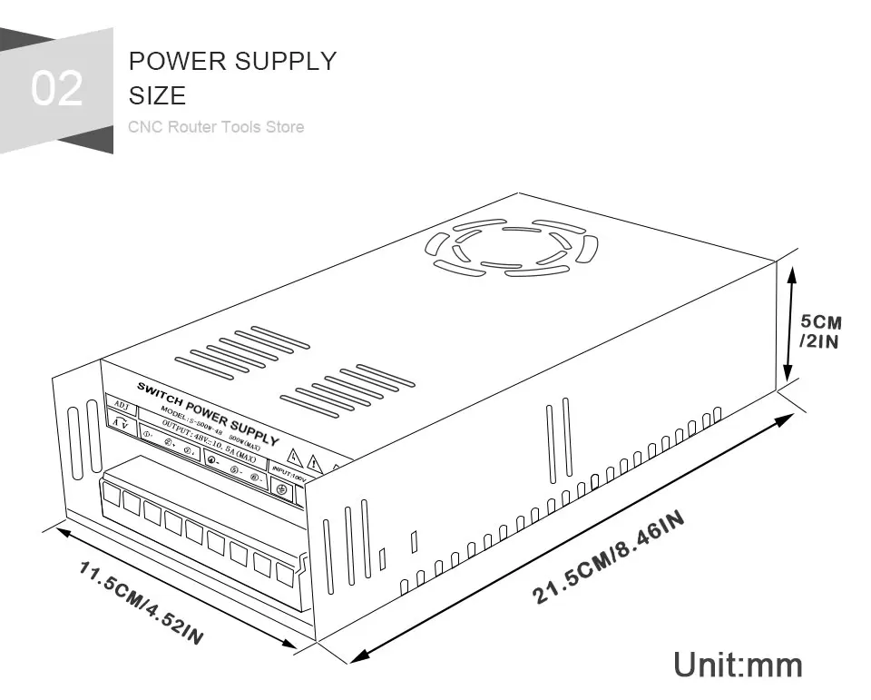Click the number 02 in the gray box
[56, 89]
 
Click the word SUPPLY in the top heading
[287, 62]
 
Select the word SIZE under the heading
[157, 95]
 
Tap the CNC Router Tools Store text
[216, 127]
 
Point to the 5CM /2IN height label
[820, 331]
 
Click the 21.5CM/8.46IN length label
[608, 556]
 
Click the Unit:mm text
[738, 665]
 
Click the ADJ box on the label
[121, 406]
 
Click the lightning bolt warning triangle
[293, 457]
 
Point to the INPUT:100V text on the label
[289, 473]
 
